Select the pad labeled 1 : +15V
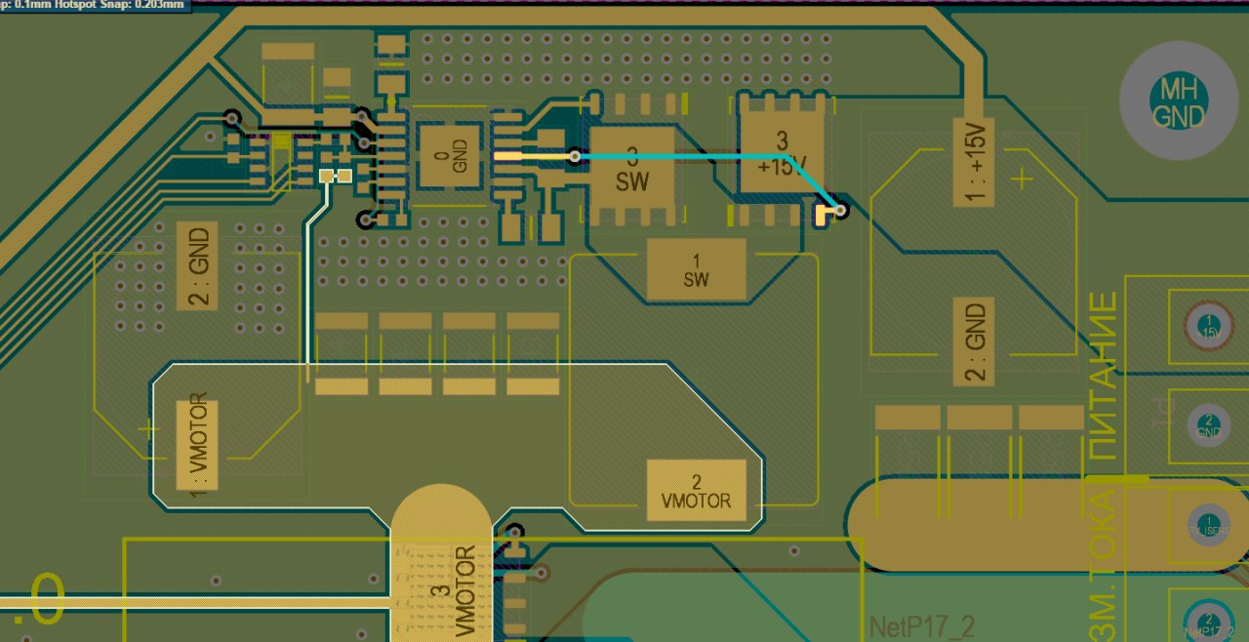point(974,162)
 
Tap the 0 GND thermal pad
point(450,156)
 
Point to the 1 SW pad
point(696,271)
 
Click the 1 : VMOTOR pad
point(196,445)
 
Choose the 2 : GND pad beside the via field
point(196,266)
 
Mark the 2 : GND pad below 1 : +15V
point(974,341)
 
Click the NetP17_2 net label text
point(921,625)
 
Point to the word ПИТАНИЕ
point(1102,377)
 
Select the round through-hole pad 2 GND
point(1208,424)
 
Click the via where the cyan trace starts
point(576,155)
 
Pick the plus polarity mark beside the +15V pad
point(1022,179)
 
